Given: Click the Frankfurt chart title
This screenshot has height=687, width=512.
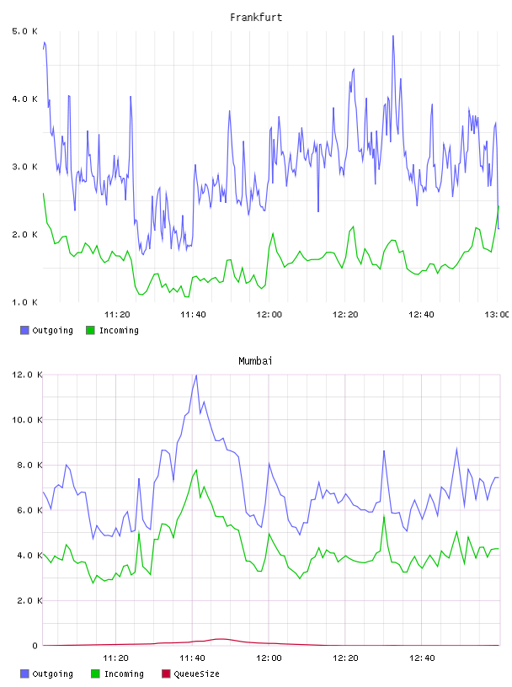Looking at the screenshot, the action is pos(256,18).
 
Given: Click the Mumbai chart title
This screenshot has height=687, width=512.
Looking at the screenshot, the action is pos(255,361).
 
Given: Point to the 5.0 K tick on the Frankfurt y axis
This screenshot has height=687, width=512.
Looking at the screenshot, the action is pos(24,31).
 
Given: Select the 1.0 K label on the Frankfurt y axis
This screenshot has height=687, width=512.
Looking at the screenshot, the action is pos(24,302).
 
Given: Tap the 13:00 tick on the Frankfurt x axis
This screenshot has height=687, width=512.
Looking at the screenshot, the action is pos(497,314).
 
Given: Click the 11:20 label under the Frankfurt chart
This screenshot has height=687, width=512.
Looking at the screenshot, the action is pos(117,314).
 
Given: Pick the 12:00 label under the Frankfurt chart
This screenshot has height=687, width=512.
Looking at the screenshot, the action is pos(269,314).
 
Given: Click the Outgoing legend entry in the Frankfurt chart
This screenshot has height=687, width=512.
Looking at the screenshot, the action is pos(46,330).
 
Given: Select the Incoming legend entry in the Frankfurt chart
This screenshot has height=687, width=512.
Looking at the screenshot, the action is pos(112,330).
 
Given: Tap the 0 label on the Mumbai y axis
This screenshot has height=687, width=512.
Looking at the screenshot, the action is pos(35,646).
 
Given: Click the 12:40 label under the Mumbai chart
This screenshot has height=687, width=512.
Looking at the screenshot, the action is pos(422,658).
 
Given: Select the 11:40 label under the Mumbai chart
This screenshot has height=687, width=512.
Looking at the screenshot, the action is pos(192,658).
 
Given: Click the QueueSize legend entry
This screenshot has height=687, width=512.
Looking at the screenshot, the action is pos(190,674).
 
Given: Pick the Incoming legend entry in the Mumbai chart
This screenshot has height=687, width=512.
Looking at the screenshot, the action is pos(117,674).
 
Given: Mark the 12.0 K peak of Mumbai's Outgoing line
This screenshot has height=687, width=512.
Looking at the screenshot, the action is pos(196,375).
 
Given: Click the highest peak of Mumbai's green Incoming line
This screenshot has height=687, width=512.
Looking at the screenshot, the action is pos(196,470).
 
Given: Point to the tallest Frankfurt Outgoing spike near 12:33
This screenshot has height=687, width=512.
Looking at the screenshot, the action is pos(393,36).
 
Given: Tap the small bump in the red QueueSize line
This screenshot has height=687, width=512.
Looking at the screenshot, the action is pos(221,639).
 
